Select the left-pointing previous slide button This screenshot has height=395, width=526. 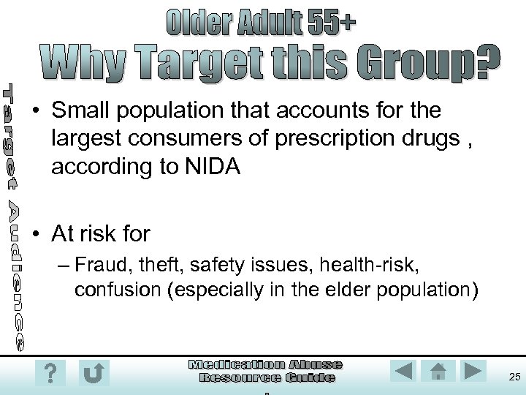404,371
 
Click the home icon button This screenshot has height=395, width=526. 438,371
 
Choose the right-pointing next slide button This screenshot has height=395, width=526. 473,371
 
